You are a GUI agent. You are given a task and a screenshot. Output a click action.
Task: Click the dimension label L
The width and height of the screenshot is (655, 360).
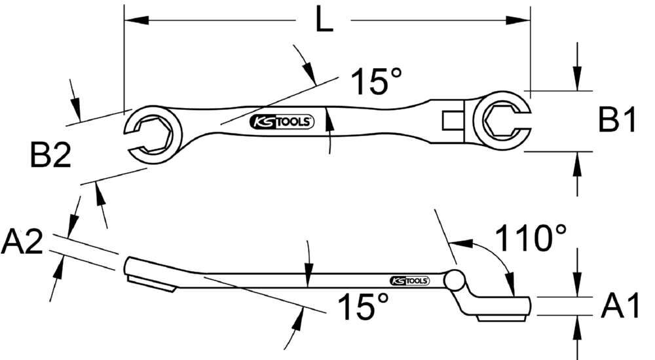pyautogui.click(x=324, y=21)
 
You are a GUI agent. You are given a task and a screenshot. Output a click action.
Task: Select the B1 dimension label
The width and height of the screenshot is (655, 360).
pyautogui.click(x=618, y=120)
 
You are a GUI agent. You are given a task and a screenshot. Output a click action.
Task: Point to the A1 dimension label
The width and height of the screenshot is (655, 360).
pyautogui.click(x=620, y=306)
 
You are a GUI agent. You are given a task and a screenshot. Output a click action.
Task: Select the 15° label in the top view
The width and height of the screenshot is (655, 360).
pyautogui.click(x=376, y=82)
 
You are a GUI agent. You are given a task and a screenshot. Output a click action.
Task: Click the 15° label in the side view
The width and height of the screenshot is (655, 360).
pyautogui.click(x=363, y=306)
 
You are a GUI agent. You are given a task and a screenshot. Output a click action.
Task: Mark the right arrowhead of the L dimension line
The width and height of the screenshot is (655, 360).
pyautogui.click(x=523, y=21)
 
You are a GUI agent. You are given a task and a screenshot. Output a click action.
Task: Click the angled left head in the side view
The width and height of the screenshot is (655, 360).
pyautogui.click(x=151, y=275)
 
